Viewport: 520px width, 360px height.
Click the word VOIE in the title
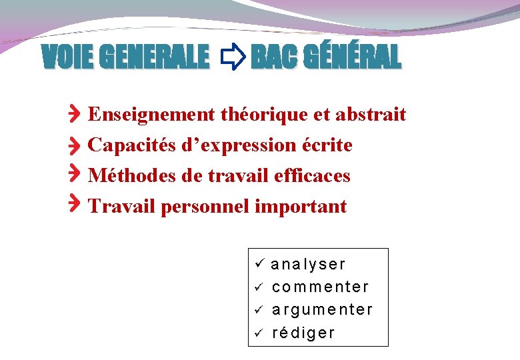(x=67, y=58)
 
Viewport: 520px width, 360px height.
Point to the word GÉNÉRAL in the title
(x=352, y=58)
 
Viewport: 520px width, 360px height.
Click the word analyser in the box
(x=309, y=265)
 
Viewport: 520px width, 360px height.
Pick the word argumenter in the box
(x=323, y=310)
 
